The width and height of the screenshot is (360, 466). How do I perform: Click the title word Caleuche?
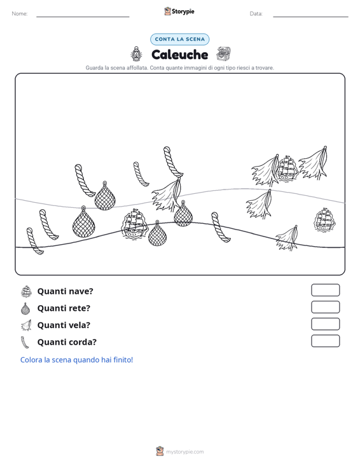(179, 55)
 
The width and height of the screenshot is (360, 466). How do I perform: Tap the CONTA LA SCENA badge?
(179, 39)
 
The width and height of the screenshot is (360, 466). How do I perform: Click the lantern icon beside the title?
(136, 54)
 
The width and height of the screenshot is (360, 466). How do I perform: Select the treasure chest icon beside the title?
(223, 54)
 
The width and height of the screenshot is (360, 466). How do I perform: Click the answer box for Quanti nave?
(325, 290)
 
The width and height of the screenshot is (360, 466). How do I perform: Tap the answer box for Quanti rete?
(325, 307)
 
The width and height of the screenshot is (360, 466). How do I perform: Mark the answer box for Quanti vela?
(325, 324)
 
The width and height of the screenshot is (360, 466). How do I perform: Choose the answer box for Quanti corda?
(325, 341)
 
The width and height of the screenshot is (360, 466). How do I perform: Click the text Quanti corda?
(67, 342)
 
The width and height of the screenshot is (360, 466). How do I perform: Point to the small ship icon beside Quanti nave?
(26, 291)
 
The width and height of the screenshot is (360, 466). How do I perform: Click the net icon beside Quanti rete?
(26, 308)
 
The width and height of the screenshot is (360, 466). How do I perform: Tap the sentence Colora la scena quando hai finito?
(76, 360)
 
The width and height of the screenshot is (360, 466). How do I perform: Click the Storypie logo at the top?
(179, 11)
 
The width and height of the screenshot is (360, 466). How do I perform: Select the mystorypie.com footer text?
(184, 452)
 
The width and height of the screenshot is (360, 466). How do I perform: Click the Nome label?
(20, 14)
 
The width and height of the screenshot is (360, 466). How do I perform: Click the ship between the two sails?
(287, 168)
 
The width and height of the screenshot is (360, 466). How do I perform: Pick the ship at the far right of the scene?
(324, 220)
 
